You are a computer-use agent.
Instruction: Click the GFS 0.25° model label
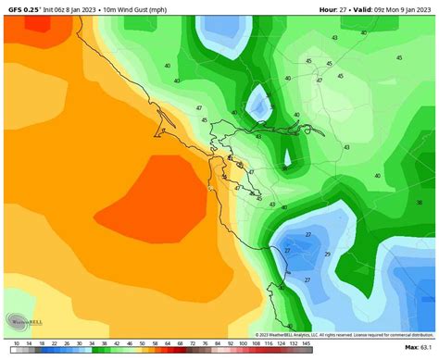point(22,6)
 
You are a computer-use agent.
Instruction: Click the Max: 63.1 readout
point(419,347)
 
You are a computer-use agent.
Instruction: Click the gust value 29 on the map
point(327,254)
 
